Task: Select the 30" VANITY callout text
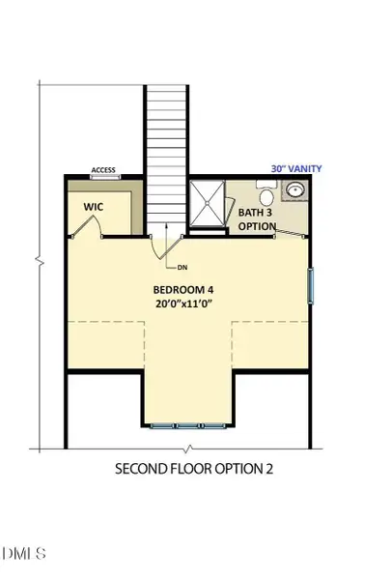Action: click(x=295, y=168)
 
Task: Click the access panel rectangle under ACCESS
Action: click(x=102, y=178)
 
